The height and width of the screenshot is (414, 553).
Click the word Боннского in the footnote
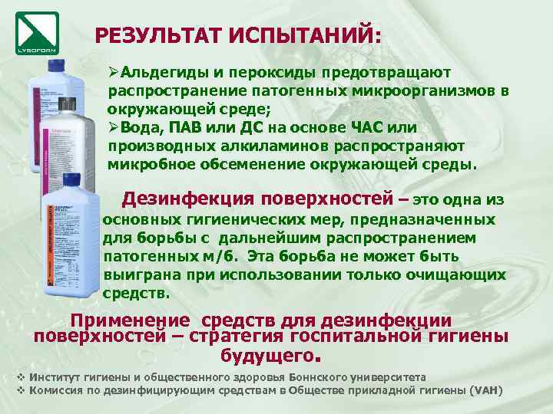[316, 377]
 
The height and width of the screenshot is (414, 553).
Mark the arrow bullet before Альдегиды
[113, 71]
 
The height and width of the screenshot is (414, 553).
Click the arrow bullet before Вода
[113, 127]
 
